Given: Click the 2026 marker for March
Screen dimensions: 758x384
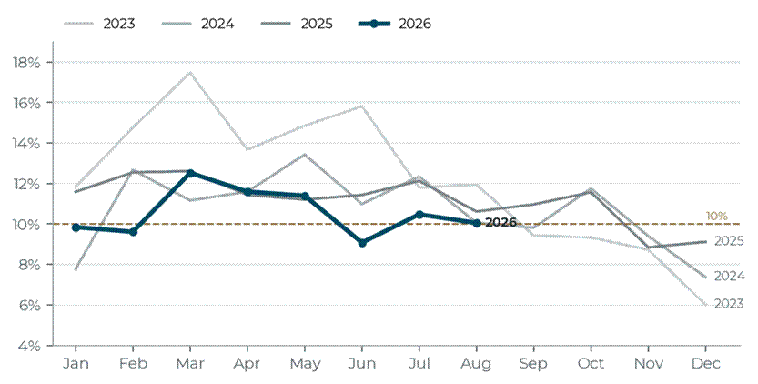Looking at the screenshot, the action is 190,173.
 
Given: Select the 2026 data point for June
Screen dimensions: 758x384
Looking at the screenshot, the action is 362,243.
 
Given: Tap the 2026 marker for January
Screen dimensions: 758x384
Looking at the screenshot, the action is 76,227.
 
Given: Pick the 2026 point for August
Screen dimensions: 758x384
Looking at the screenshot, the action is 477,223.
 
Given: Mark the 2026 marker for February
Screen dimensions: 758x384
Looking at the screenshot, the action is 133,232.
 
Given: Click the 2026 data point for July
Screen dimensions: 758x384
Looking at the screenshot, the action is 419,214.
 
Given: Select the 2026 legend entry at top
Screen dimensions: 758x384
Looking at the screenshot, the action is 395,24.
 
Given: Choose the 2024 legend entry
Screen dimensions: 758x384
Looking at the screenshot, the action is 198,24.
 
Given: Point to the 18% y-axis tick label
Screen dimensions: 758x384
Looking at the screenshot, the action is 27,63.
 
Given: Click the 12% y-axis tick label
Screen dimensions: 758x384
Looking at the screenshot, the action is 27,184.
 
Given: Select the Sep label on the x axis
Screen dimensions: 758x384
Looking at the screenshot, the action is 533,364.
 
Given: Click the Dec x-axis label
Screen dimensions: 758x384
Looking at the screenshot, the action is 706,364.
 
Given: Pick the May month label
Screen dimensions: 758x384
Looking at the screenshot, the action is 305,364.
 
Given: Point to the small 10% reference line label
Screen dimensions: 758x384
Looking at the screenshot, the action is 717,217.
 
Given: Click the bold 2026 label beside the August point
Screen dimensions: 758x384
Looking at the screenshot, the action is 500,222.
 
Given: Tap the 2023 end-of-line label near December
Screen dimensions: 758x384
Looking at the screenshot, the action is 729,304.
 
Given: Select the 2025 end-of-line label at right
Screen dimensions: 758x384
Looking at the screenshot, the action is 729,241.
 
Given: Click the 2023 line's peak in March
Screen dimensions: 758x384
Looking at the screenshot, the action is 190,73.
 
